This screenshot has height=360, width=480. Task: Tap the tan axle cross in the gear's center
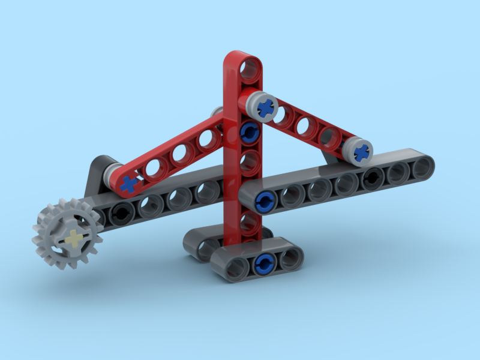[x=73, y=238]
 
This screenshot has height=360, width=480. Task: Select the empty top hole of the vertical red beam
[x=247, y=69]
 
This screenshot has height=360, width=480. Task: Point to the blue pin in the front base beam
[x=263, y=263]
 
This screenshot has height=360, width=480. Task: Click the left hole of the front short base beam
[x=236, y=269]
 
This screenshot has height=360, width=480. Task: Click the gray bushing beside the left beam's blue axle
[x=111, y=178]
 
